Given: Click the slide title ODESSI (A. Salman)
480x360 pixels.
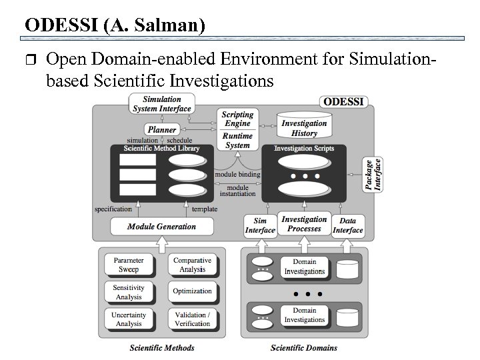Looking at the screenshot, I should point(114,25).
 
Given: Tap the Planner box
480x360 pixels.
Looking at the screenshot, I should point(161,129).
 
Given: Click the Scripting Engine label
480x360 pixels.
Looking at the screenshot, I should point(237,119).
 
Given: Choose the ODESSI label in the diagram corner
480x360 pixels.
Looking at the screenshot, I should point(343,103).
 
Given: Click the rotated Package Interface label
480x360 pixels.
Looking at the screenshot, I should point(374,174).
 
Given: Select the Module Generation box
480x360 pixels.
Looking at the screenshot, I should point(161,226).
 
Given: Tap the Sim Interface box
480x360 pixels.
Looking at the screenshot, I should point(260,226).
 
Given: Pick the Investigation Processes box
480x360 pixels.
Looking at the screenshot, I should point(304,224).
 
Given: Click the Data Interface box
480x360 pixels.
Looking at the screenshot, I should point(347,226).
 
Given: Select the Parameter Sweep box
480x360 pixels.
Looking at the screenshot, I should point(129,265).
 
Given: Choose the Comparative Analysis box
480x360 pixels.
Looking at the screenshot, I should point(192,265).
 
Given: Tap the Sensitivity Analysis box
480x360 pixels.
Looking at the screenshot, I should point(129,292).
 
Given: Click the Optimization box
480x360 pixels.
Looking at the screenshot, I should point(192,291).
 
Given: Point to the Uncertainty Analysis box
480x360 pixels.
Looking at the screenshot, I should point(129,319).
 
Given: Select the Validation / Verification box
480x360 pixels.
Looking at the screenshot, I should point(192,319).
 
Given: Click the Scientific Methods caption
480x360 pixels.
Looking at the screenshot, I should point(162,347).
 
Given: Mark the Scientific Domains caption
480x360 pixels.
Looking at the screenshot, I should point(303,347).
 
